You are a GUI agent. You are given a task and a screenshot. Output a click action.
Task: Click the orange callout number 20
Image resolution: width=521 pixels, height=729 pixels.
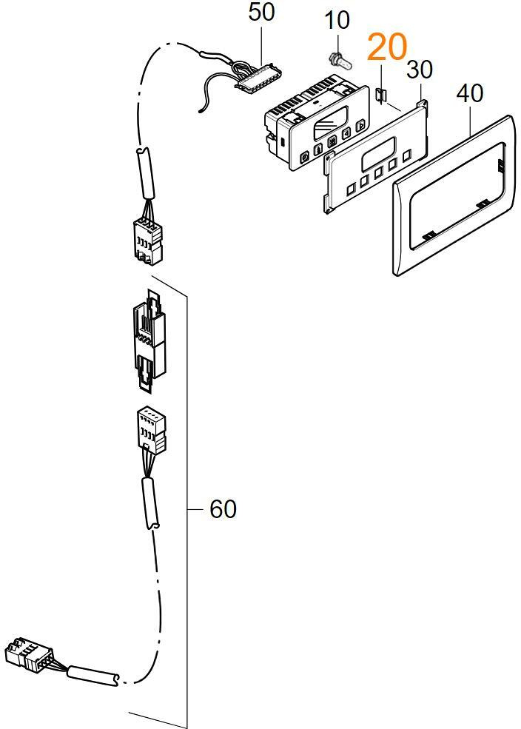[387, 48]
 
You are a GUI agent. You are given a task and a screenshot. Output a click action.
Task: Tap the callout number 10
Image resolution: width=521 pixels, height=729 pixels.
[337, 20]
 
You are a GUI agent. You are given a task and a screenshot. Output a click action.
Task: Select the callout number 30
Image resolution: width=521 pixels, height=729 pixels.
[419, 71]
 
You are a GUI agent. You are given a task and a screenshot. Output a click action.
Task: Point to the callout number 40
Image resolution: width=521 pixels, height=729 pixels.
[471, 94]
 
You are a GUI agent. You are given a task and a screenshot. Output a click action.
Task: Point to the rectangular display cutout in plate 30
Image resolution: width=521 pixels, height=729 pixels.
[379, 158]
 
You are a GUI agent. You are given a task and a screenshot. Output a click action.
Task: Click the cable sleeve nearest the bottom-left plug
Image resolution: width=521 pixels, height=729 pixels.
[93, 675]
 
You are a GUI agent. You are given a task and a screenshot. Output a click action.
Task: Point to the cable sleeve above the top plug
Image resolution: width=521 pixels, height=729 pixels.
[143, 174]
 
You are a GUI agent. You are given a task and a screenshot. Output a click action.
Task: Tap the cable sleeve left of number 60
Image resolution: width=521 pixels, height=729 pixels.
[151, 501]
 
